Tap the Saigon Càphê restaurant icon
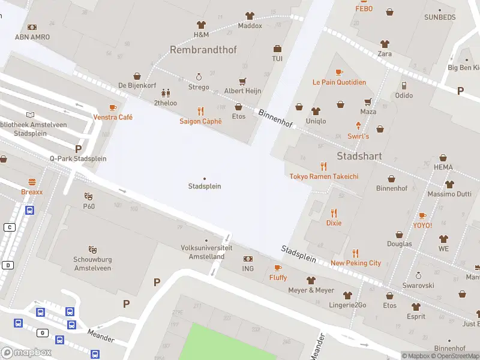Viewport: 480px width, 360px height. [200, 111]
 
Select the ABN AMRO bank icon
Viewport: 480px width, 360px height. [32, 27]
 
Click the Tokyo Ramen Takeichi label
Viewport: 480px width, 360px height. [324, 176]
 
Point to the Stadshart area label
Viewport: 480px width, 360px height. [359, 156]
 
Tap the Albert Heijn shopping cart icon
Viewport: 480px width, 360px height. [242, 81]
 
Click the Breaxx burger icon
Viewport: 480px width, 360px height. [32, 182]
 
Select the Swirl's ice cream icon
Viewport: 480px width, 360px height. [358, 126]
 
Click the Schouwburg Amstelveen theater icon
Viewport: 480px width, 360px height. [92, 248]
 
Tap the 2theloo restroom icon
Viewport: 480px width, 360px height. [165, 93]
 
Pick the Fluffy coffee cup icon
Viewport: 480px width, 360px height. [278, 268]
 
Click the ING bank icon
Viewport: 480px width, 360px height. [248, 259]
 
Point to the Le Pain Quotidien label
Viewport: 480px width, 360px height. [339, 82]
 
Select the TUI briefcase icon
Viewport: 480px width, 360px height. [277, 49]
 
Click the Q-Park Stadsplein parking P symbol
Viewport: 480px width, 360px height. [78, 148]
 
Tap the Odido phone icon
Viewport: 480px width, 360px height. [404, 86]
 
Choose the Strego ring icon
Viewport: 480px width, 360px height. [199, 77]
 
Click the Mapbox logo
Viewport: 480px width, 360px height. [26, 353]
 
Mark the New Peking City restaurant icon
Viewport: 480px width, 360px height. [355, 253]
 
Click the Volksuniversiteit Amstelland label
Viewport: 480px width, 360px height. [203, 252]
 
